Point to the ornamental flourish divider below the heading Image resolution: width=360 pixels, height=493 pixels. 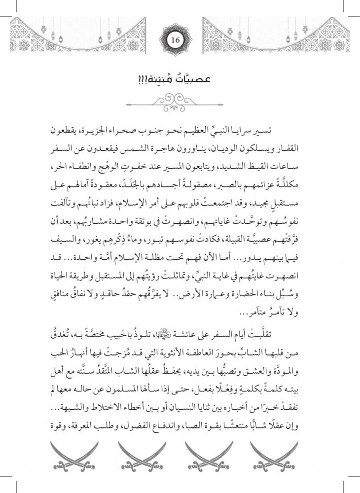pos(180,102)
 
